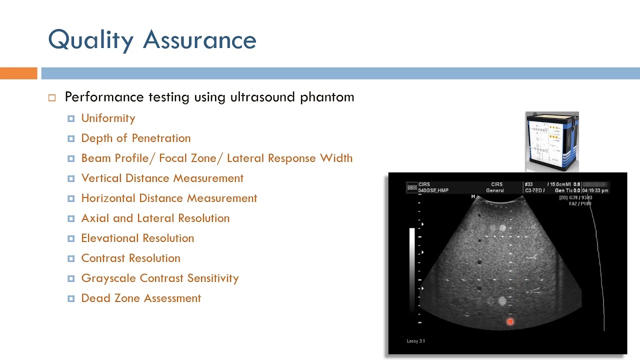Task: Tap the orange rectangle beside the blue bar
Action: (18, 73)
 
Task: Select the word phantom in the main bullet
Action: (327, 97)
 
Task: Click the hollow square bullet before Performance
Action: (52, 98)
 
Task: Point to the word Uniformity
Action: (108, 118)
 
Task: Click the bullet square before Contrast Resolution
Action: (71, 258)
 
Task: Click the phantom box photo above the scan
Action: (552, 142)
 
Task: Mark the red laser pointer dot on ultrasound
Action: (510, 322)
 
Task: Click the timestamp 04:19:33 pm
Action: (595, 190)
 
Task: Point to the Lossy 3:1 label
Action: (415, 341)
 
